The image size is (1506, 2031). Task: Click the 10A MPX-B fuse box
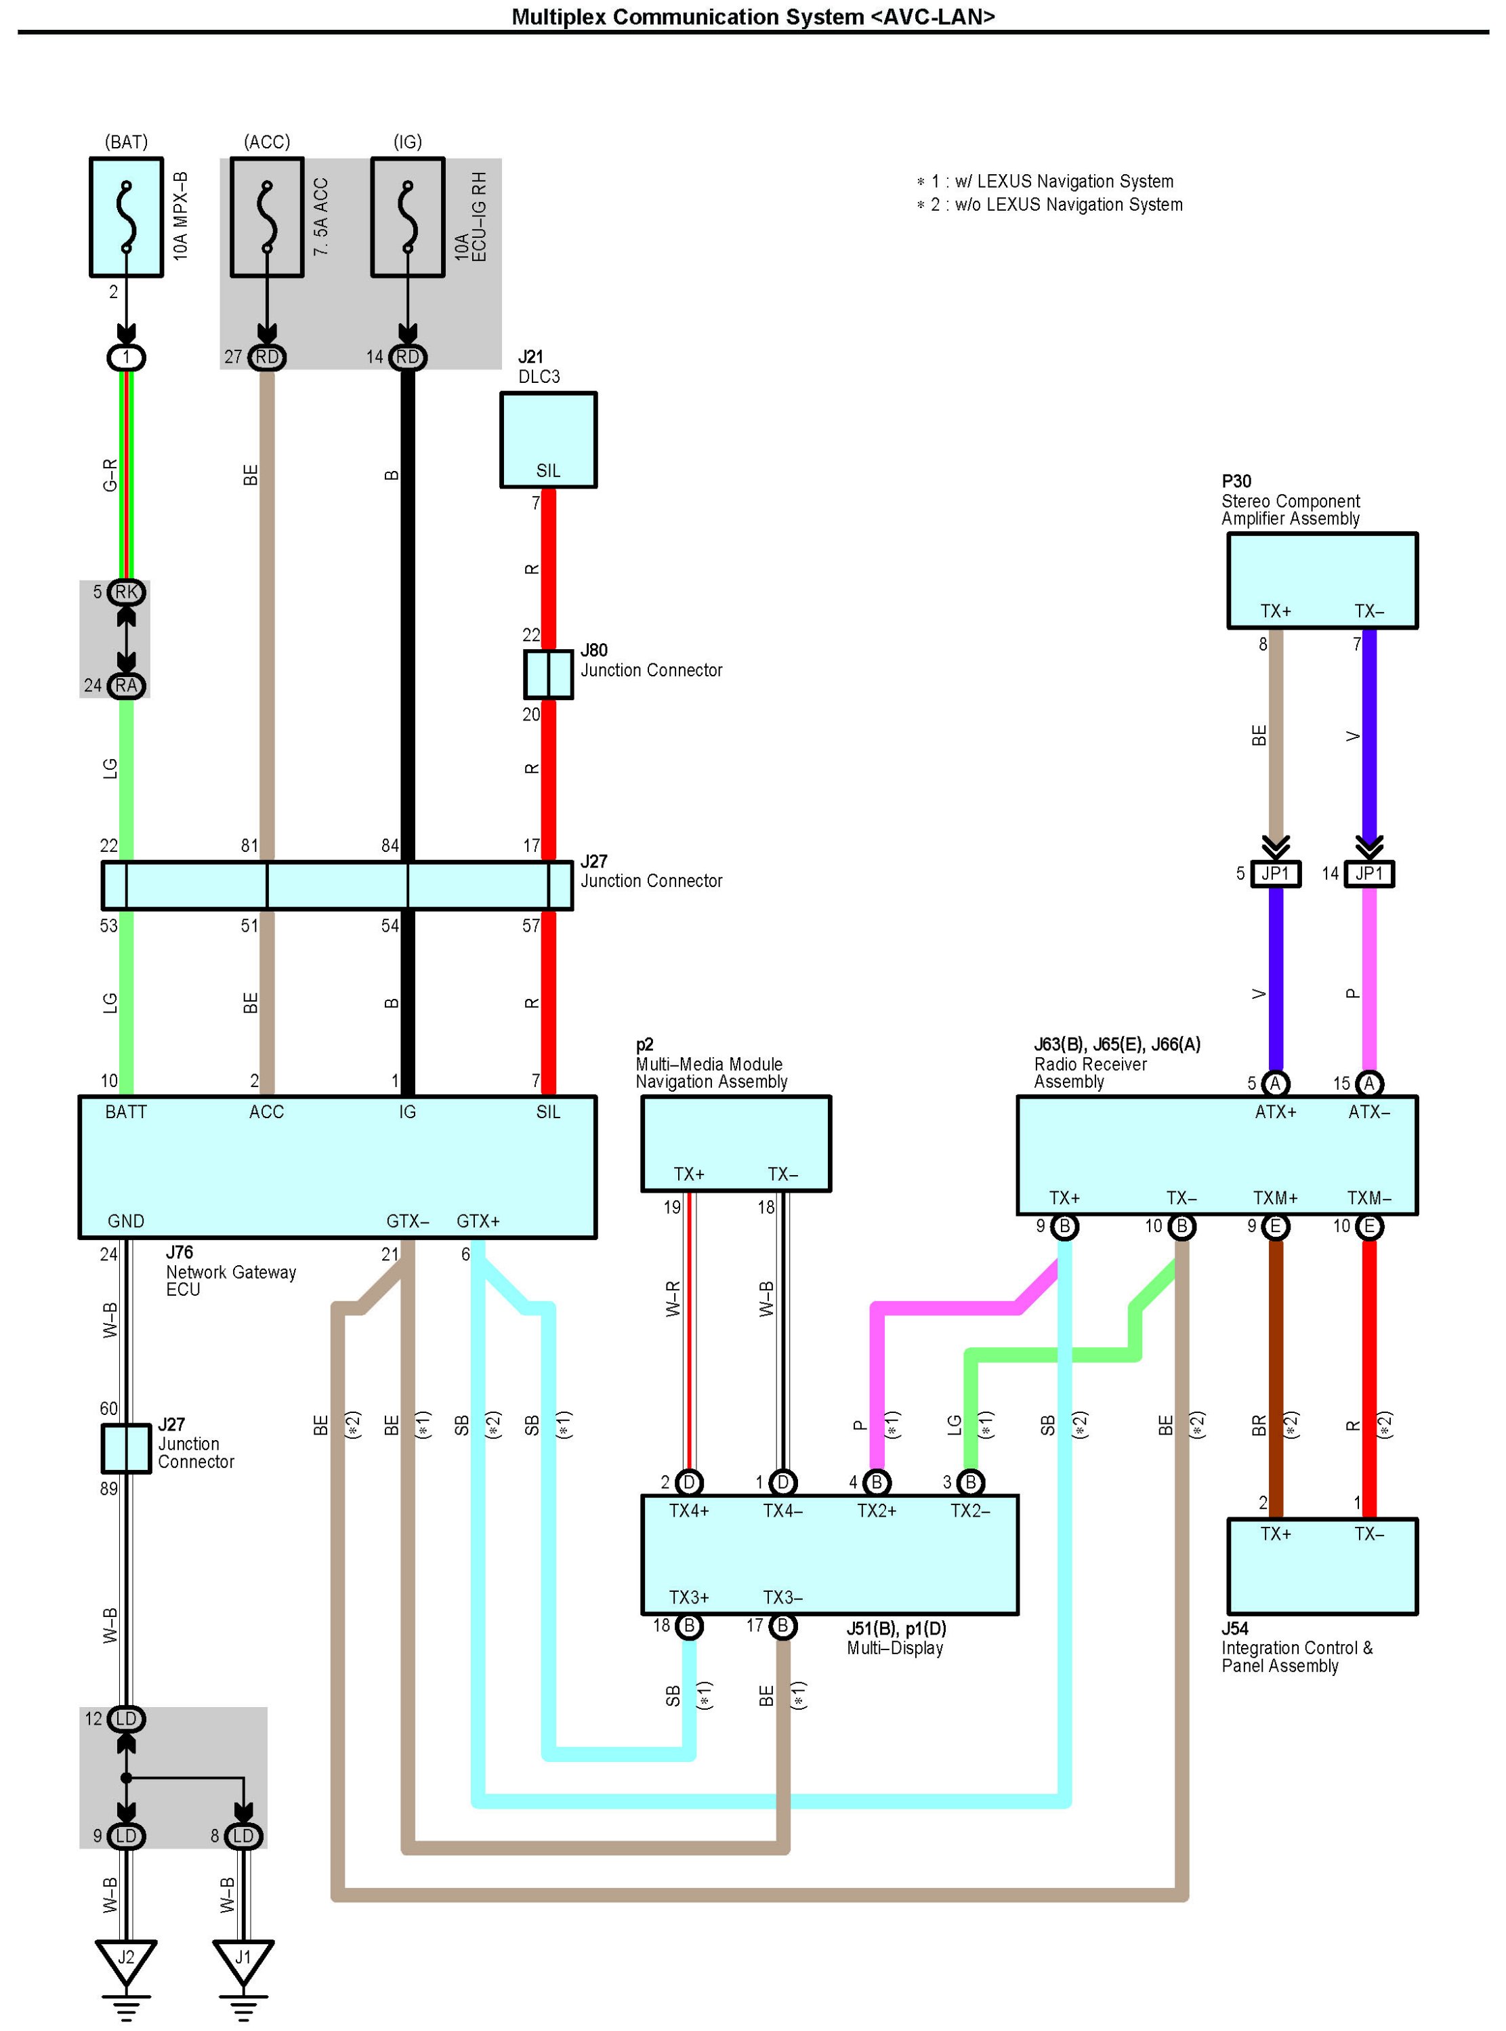[x=126, y=217]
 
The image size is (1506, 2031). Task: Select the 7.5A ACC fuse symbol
[x=266, y=217]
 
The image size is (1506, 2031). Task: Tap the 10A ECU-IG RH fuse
[x=408, y=217]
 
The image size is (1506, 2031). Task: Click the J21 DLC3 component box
[x=548, y=440]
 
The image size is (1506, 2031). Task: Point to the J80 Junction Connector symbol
[x=548, y=674]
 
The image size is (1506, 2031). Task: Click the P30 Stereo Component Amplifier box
[x=1321, y=580]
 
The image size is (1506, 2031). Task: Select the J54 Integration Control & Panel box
[x=1321, y=1565]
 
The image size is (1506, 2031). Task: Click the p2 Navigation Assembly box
[x=736, y=1143]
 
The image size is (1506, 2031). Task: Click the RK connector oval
[x=126, y=592]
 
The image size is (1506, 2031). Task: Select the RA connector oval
[x=126, y=685]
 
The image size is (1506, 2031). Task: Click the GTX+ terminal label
[x=478, y=1220]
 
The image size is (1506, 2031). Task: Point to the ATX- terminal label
[x=1368, y=1111]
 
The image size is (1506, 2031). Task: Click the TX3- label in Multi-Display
[x=782, y=1597]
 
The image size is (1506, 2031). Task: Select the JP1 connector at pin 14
[x=1368, y=874]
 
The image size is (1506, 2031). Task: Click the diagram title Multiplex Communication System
[x=753, y=16]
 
